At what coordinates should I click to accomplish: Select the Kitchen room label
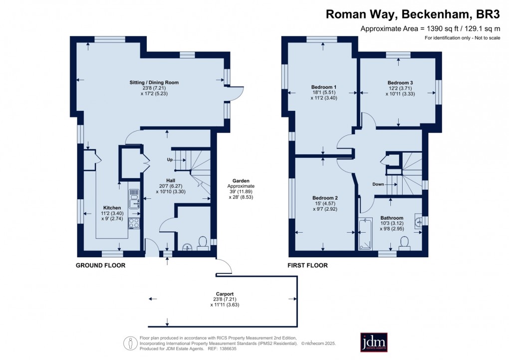(112, 207)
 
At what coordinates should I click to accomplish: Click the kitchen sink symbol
(134, 201)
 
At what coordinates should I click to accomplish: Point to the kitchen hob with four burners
(134, 223)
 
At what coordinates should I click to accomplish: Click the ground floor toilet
(203, 243)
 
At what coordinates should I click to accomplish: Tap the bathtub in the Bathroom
(365, 234)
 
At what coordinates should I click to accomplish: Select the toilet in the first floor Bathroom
(405, 243)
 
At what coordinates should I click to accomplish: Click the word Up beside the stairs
(170, 160)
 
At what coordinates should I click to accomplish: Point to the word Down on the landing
(378, 184)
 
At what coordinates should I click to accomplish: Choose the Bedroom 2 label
(325, 198)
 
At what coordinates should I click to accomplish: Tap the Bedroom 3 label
(400, 82)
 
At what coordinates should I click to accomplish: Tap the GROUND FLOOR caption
(100, 266)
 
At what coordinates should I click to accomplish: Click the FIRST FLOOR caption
(307, 266)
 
